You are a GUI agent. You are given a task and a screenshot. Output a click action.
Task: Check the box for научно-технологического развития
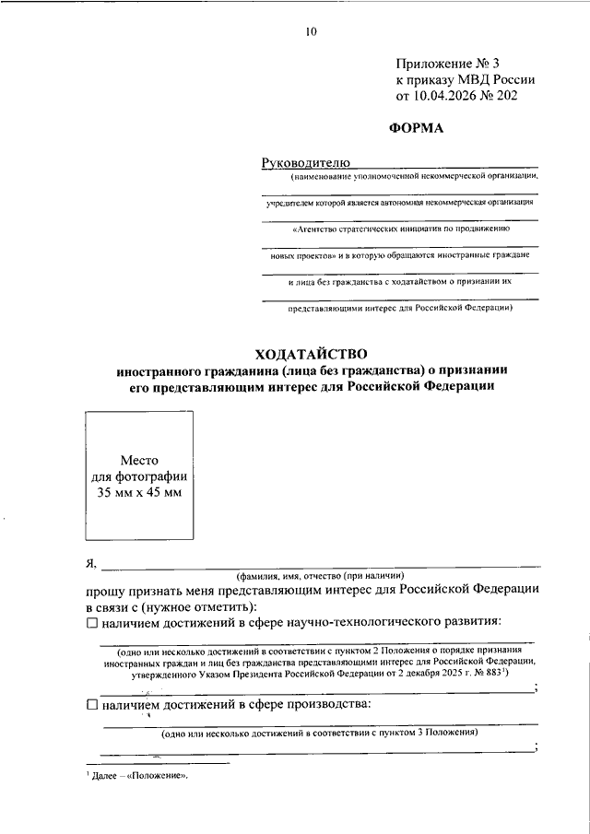coord(90,624)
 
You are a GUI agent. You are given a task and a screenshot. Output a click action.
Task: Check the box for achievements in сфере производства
coord(90,705)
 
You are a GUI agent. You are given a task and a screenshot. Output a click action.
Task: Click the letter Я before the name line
coord(89,564)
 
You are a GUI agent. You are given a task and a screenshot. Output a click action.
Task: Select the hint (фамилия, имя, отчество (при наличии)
coord(326,573)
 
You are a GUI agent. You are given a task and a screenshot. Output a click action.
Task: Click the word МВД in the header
coord(474,79)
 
